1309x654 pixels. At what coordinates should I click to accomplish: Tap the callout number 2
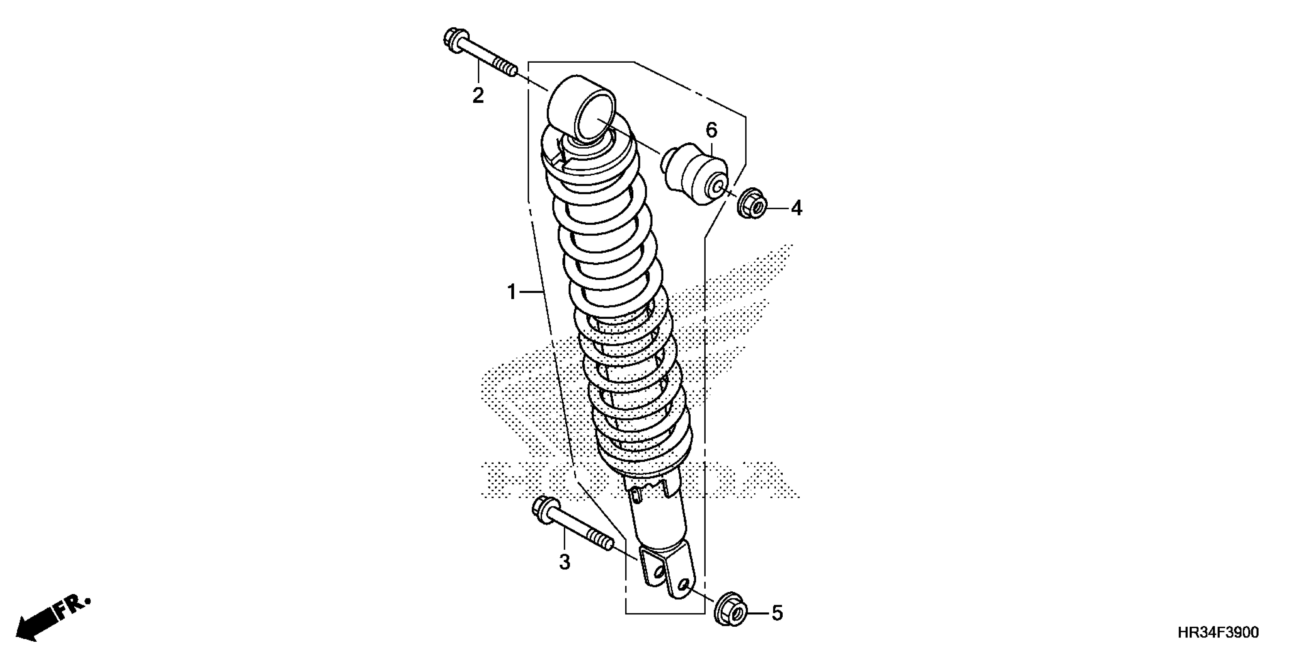478,95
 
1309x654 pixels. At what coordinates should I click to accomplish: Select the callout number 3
564,562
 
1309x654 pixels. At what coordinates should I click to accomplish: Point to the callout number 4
796,208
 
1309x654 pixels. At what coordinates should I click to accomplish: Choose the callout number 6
711,130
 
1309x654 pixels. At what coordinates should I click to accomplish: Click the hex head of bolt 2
452,38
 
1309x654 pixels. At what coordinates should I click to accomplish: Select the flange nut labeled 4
752,204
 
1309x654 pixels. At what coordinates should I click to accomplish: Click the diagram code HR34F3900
1218,633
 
